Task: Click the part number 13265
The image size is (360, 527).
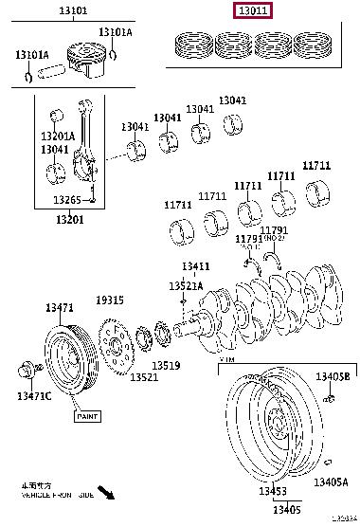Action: tap(67, 200)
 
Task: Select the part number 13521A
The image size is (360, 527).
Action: tap(185, 285)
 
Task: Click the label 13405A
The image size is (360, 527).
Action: tap(332, 482)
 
